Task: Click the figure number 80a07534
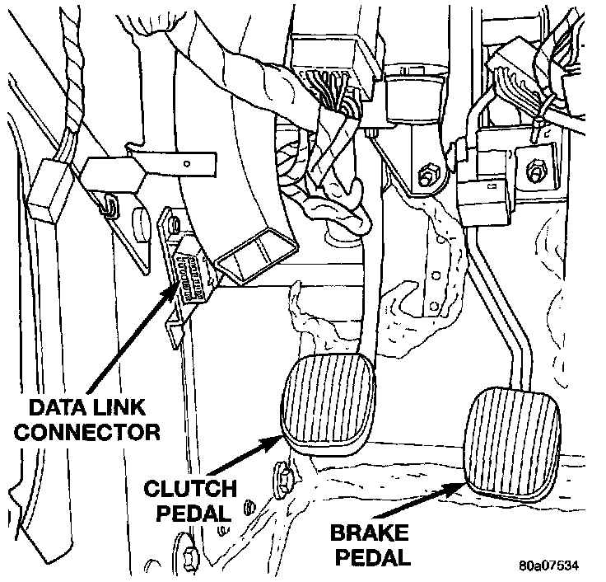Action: [x=549, y=567]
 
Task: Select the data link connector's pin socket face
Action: [x=193, y=275]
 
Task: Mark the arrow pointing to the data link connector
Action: [x=132, y=338]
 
